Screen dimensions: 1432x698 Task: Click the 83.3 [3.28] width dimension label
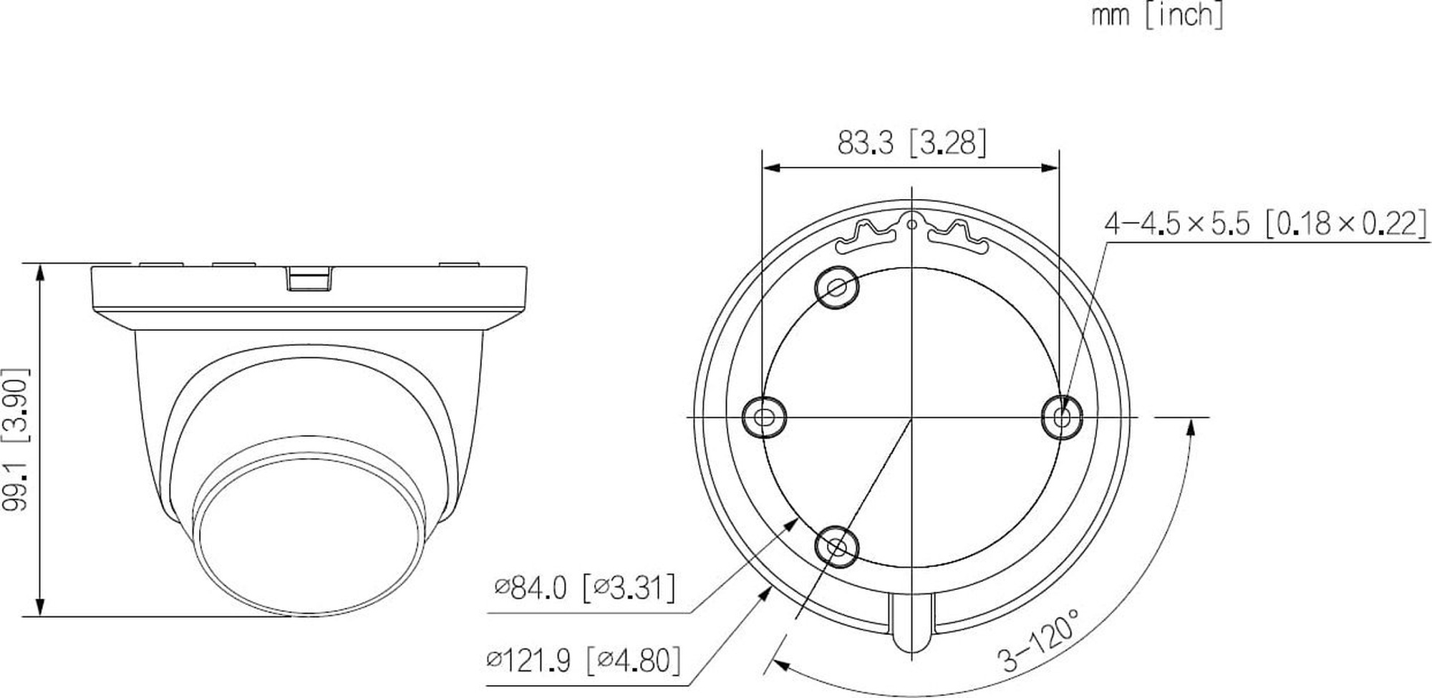click(911, 143)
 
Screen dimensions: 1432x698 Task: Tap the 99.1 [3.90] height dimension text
click(16, 439)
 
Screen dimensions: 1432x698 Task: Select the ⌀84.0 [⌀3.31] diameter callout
click(584, 588)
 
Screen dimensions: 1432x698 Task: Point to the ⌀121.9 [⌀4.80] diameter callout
click(583, 660)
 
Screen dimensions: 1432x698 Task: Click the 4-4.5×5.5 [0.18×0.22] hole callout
click(1265, 224)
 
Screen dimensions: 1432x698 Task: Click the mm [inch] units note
click(1157, 15)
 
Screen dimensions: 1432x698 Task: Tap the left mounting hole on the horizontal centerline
click(764, 416)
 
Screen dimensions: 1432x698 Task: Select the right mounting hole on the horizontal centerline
click(1061, 416)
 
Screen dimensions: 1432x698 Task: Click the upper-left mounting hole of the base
click(837, 287)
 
